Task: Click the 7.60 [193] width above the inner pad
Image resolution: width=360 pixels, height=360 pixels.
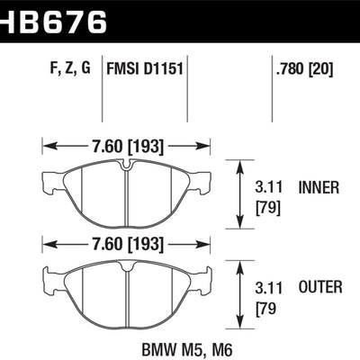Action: point(126,142)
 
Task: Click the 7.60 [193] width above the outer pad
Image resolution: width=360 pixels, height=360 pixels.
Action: point(126,242)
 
